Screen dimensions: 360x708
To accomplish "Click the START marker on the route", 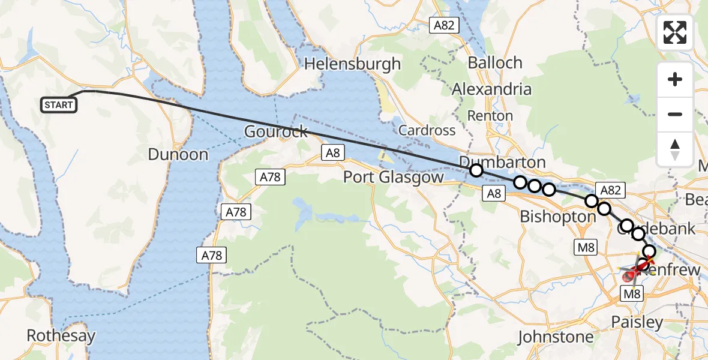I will point(58,105).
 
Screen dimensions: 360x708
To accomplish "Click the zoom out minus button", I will point(675,114).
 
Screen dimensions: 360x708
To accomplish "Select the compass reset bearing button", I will point(675,149).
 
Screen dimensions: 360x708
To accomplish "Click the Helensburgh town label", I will point(353,64).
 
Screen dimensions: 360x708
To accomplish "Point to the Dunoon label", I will point(178,155).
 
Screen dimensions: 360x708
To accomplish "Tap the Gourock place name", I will point(276,131).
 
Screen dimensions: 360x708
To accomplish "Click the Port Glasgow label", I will point(393,178).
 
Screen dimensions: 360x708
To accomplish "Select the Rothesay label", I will point(61,335).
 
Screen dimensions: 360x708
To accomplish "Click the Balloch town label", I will point(495,62).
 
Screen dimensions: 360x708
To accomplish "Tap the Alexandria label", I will point(491,89).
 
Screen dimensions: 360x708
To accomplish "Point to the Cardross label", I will point(427,130).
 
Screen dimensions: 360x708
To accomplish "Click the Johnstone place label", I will point(556,337).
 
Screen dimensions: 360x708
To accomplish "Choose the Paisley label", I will point(637,322).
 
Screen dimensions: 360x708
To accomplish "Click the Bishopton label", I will point(558,217).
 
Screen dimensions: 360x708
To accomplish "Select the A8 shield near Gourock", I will point(333,152).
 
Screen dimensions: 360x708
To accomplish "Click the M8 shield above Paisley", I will point(632,293).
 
